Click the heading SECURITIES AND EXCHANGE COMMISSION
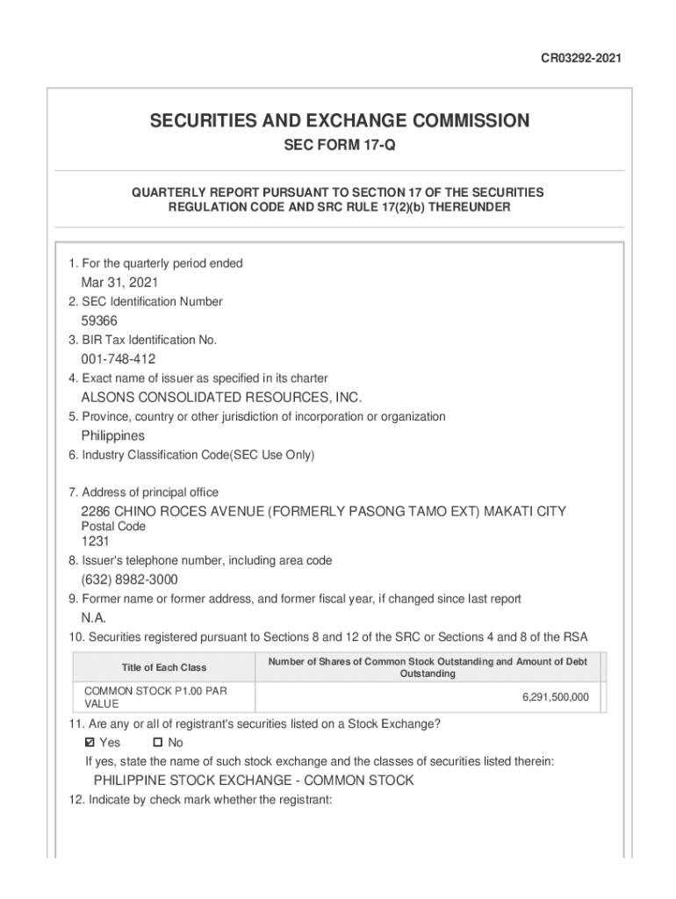pos(339,120)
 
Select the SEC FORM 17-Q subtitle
pos(339,146)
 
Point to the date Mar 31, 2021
pos(119,283)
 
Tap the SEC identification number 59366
pos(99,321)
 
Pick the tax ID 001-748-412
pos(119,359)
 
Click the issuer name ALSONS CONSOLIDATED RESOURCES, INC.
pos(221,398)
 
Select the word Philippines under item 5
pos(113,436)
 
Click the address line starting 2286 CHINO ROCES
pos(323,512)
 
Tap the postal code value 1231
pos(96,542)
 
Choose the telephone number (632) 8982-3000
pos(135,580)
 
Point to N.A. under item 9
pos(94,618)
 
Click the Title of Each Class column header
pos(164,668)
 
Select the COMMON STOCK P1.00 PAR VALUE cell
pos(155,698)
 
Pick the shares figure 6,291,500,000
pos(555,698)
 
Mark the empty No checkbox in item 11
pos(146,744)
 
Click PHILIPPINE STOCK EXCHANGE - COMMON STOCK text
pos(254,780)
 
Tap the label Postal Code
pos(113,527)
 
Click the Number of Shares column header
pos(428,667)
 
